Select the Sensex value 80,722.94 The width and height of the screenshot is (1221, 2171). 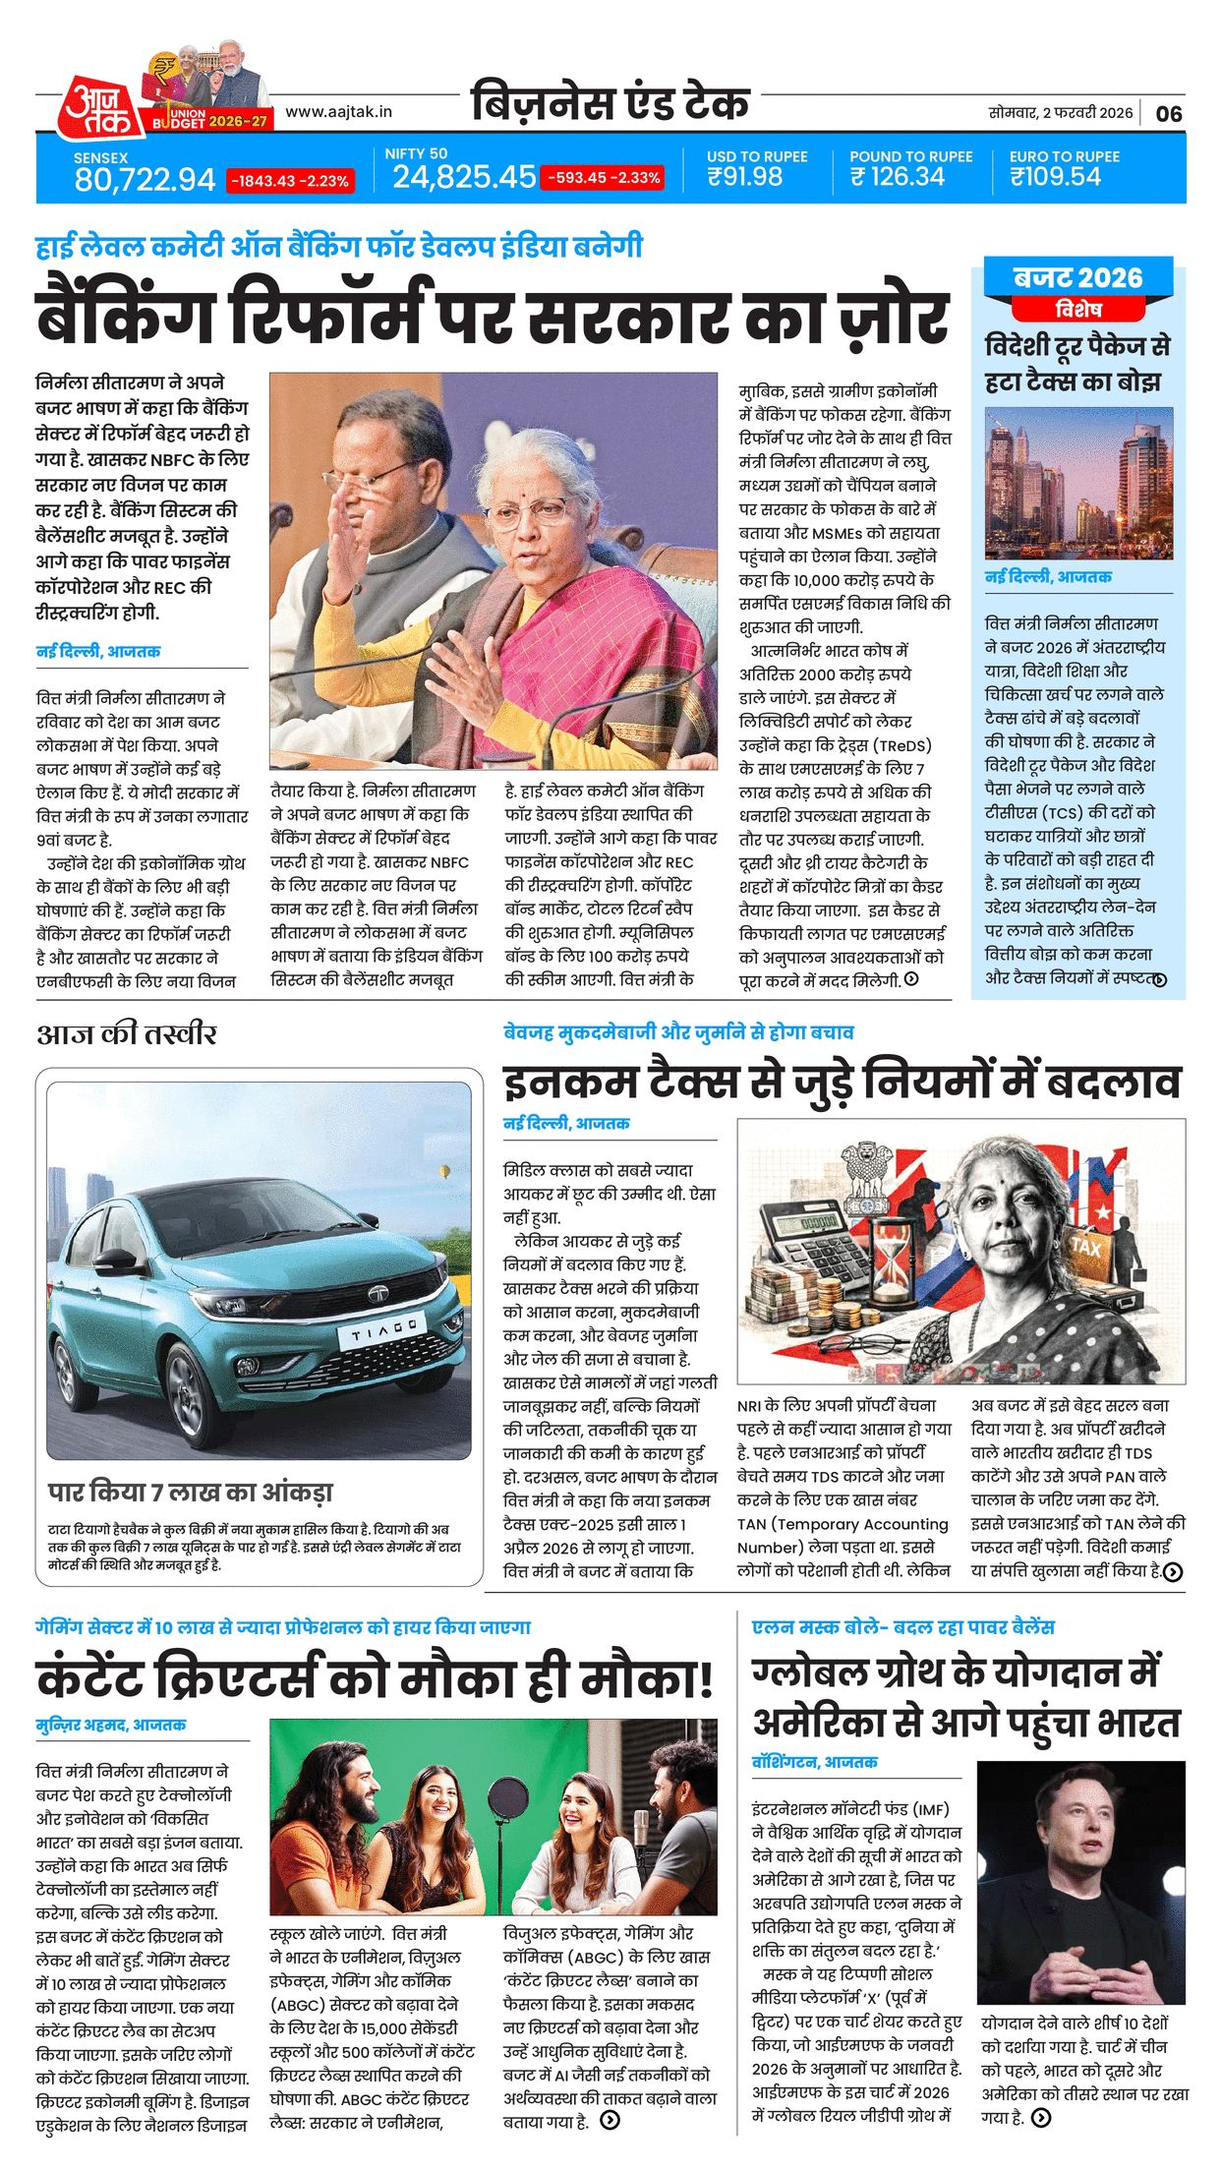[145, 179]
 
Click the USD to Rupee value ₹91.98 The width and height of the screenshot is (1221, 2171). [744, 177]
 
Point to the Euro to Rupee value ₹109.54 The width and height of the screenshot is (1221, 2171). [1055, 177]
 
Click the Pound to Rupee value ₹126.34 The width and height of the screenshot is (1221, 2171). [898, 177]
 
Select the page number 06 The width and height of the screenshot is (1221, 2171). [1169, 113]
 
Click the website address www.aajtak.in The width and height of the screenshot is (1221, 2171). [338, 112]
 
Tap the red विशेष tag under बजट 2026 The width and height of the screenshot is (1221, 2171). [1078, 310]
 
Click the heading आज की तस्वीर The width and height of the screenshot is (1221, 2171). [127, 1033]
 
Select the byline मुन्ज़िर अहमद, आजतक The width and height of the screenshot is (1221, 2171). [111, 1725]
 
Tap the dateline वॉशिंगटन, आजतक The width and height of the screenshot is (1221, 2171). [815, 1762]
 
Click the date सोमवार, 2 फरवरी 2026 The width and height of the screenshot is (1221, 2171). [1060, 113]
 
